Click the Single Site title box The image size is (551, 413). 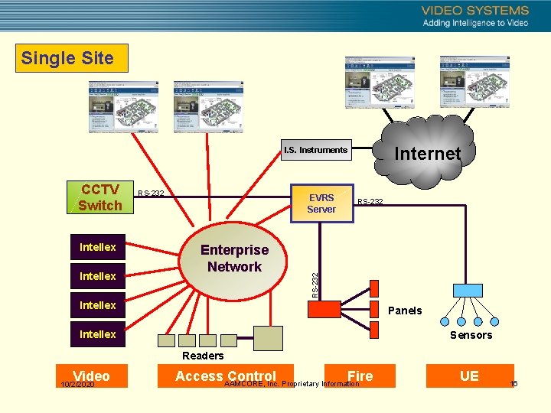click(x=67, y=58)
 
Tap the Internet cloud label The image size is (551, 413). click(x=427, y=154)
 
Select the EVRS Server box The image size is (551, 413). click(x=321, y=203)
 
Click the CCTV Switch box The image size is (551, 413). click(x=99, y=197)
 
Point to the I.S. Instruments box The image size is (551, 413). click(x=315, y=150)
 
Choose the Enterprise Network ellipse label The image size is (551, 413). click(x=234, y=259)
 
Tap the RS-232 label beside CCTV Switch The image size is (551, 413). click(x=151, y=193)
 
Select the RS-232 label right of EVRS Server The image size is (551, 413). click(x=370, y=201)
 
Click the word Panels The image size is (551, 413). click(x=405, y=311)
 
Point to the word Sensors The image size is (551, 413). click(x=471, y=335)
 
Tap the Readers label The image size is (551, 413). click(x=203, y=356)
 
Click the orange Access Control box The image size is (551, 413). click(x=225, y=376)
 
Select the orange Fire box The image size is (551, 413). click(x=360, y=376)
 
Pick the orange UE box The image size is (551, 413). click(x=468, y=376)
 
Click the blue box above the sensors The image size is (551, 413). click(x=468, y=290)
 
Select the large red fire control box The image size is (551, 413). click(x=324, y=309)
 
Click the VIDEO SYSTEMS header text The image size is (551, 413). click(x=474, y=11)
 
